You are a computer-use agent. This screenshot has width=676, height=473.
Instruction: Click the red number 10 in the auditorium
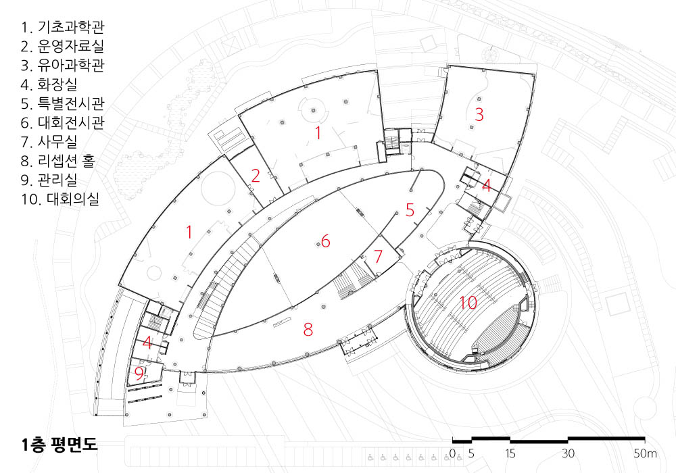(468, 303)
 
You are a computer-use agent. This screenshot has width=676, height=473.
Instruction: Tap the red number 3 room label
(479, 114)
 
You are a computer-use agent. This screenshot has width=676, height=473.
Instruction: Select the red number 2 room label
(256, 175)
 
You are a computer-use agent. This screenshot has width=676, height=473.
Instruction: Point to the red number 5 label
(410, 209)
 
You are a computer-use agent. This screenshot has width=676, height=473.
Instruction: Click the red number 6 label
(326, 241)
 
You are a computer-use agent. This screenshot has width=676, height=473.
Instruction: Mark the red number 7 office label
(378, 256)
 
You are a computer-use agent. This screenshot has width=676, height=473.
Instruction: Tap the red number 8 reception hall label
(308, 329)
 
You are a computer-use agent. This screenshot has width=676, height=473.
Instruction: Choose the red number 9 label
(139, 374)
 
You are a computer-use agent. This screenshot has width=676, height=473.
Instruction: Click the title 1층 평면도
(59, 444)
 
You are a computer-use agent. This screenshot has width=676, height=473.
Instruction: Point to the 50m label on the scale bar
(645, 453)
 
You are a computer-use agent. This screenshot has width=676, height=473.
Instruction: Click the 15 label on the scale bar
(510, 453)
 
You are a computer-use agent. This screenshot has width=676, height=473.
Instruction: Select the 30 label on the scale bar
(568, 453)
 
